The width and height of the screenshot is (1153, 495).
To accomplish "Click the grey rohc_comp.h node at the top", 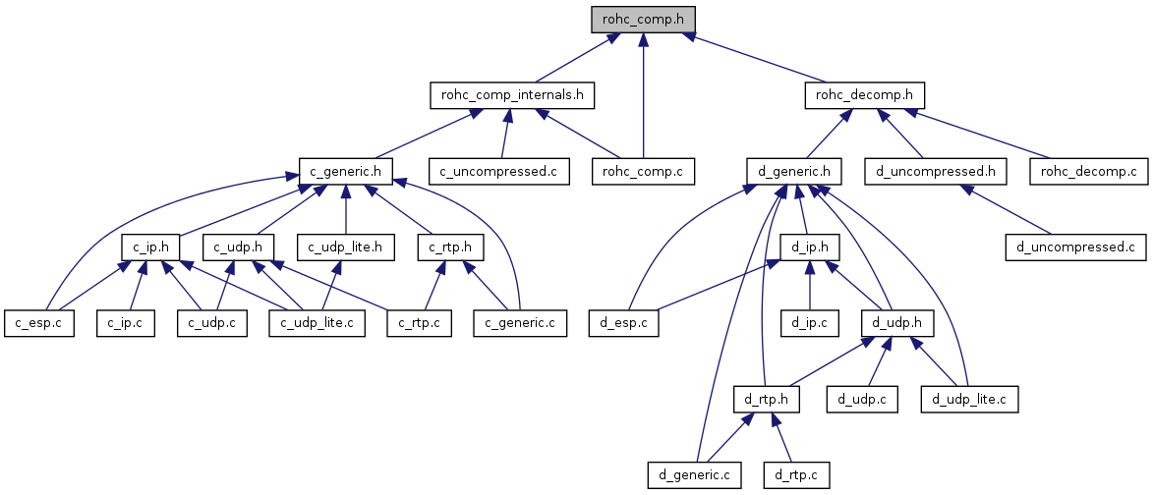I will [642, 19].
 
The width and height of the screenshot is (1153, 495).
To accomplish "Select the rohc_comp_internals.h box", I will [512, 95].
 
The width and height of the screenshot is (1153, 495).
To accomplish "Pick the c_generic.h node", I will [345, 172].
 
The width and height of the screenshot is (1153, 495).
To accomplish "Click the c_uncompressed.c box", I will [498, 172].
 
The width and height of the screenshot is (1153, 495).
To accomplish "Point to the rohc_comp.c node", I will [643, 172].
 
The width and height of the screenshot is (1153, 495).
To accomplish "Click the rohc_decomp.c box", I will [1088, 172].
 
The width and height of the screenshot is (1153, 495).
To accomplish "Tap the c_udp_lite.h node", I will [345, 247].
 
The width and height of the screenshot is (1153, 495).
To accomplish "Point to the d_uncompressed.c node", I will [1076, 247].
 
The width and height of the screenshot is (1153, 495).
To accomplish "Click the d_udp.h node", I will [895, 322].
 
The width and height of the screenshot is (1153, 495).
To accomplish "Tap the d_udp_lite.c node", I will [969, 399].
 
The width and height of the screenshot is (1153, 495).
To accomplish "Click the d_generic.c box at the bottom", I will [695, 475].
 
